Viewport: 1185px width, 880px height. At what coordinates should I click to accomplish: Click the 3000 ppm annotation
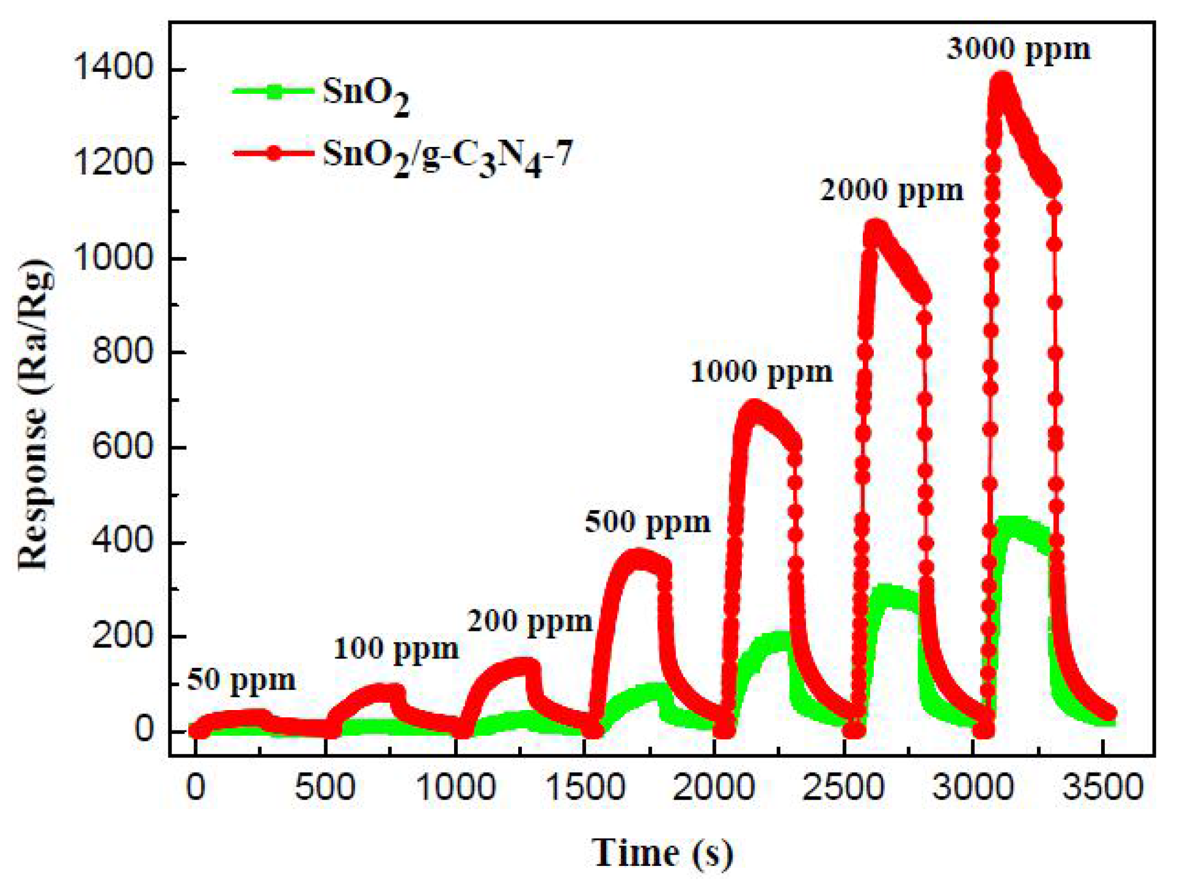point(1018,50)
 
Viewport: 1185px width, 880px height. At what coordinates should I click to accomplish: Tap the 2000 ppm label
point(891,190)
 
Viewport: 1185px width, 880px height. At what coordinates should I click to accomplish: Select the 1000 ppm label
point(762,371)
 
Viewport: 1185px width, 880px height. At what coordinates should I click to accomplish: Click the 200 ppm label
point(530,621)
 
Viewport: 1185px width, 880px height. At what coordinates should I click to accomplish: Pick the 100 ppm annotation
point(396,649)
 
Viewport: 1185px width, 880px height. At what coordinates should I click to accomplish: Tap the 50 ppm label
point(241,680)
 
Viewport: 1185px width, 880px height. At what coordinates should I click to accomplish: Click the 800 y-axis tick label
point(123,352)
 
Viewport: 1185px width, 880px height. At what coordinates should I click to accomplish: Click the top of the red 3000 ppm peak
point(1003,80)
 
